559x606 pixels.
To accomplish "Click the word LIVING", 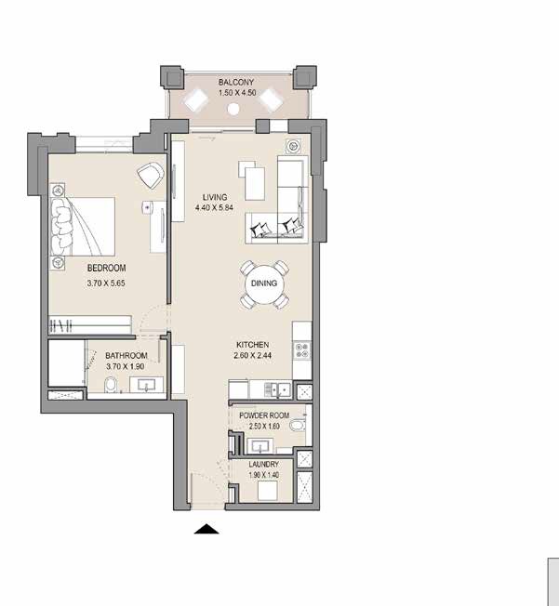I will [x=215, y=197].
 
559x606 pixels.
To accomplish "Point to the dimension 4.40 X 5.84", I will [x=215, y=208].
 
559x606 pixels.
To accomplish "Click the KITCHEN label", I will [x=252, y=344].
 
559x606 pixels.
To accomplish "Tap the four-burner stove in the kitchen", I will [x=302, y=350].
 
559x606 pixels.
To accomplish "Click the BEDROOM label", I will [x=81, y=268].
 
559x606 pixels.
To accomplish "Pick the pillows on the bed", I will [x=62, y=224].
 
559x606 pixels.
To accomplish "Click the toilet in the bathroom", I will [x=111, y=385].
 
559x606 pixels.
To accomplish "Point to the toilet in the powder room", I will [x=298, y=426].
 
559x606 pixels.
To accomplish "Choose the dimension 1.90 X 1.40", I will [x=263, y=475].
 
